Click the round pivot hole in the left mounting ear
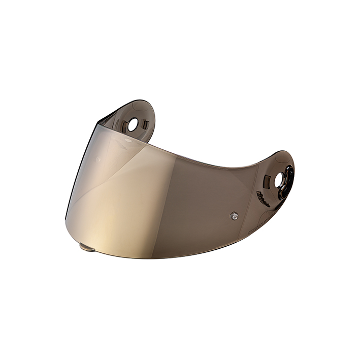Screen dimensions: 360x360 [x=133, y=124]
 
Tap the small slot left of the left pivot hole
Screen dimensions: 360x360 [x=120, y=123]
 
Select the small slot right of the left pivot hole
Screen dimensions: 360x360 [x=145, y=124]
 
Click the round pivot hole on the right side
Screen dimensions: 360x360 [x=280, y=179]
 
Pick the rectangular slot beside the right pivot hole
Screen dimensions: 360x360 [x=267, y=178]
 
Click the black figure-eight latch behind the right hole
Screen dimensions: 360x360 [x=288, y=179]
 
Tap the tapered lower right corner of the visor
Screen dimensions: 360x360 [x=274, y=216]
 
